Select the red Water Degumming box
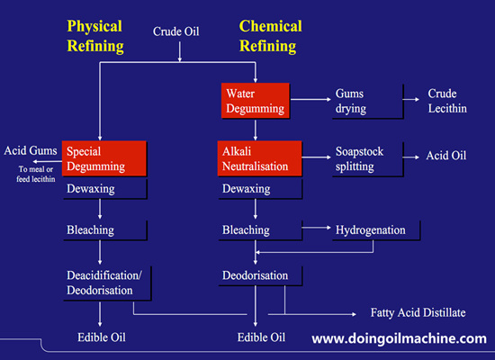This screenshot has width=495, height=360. point(255,101)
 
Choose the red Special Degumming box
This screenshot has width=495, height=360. point(101,159)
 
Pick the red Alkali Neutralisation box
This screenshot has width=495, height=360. point(255,159)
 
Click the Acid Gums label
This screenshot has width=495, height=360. point(30,150)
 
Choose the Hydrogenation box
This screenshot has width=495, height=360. point(370,230)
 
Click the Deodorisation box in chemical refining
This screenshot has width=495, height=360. point(255,275)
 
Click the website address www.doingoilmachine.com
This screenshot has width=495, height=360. point(399,338)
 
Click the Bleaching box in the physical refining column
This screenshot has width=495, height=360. point(101,230)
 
